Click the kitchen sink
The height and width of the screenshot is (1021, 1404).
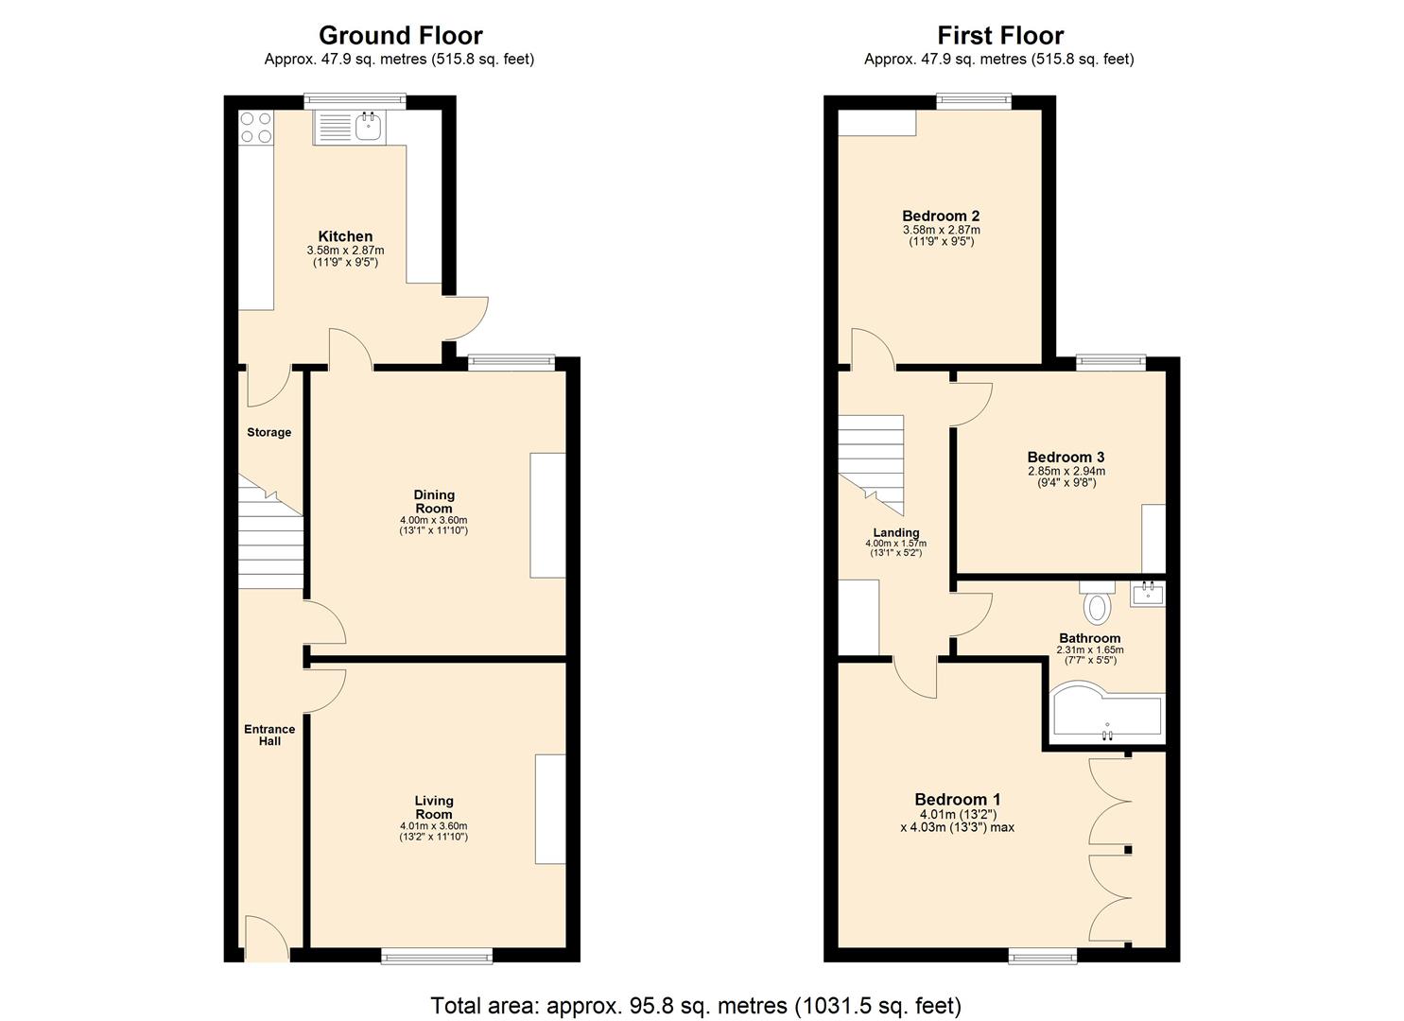click(368, 126)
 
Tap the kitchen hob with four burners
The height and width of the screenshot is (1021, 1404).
click(255, 128)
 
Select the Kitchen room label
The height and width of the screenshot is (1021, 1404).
click(345, 236)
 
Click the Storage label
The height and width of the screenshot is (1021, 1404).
click(269, 432)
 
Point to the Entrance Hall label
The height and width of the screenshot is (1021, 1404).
click(269, 735)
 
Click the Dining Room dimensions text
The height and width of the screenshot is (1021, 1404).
click(434, 526)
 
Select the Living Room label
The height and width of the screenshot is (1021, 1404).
click(434, 807)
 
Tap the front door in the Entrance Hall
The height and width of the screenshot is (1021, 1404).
click(266, 938)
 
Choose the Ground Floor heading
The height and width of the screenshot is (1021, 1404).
click(400, 36)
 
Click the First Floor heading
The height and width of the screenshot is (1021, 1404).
click(1000, 36)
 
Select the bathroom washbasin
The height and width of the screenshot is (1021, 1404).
click(1148, 594)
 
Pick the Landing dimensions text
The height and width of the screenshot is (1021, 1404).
click(895, 548)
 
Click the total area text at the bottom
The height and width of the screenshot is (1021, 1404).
click(696, 1005)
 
